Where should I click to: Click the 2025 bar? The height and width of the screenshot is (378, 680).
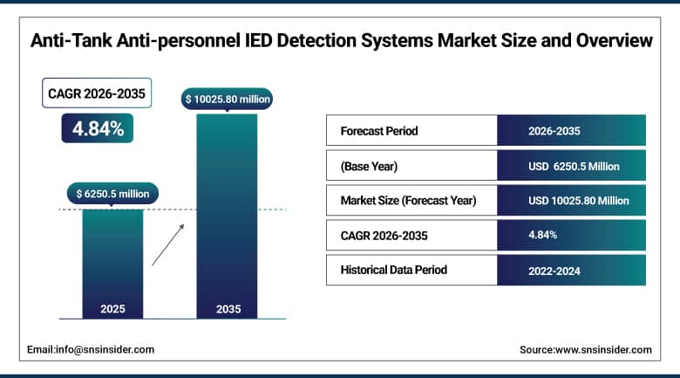(x=112, y=262)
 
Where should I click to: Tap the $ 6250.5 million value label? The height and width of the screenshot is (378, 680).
(x=112, y=193)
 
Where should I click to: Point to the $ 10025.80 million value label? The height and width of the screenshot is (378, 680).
(x=228, y=100)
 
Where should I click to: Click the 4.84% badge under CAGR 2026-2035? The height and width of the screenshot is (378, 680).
(x=98, y=128)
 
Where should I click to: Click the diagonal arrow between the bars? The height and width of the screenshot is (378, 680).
(x=168, y=244)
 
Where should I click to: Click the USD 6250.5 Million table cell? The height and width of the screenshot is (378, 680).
(x=571, y=166)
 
